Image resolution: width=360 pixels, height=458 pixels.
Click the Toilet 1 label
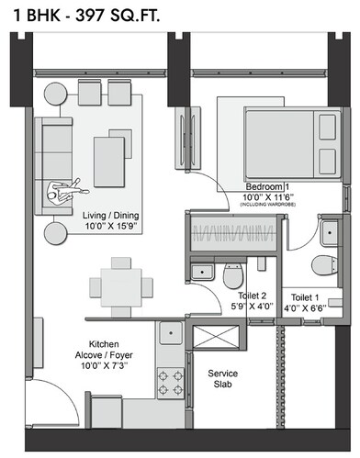(307, 298)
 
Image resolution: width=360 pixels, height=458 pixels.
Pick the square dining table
(120, 284)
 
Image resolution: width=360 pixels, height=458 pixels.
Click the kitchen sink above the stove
(169, 337)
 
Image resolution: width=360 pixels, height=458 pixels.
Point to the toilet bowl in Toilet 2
(232, 273)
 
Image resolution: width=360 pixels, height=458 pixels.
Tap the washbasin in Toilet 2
(199, 270)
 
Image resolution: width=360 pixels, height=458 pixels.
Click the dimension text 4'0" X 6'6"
(307, 309)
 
